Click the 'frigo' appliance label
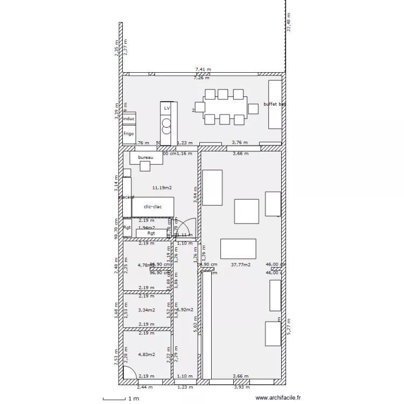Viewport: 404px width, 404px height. tap(129, 134)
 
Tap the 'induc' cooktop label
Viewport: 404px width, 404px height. tap(129, 119)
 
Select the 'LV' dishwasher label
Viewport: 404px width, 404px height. tap(167, 108)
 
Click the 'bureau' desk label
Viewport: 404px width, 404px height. tap(145, 157)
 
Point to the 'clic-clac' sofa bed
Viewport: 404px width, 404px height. tap(153, 206)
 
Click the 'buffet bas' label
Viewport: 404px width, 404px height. tap(275, 104)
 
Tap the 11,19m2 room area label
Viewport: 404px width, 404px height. tap(162, 188)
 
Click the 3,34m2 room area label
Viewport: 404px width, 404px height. tap(147, 310)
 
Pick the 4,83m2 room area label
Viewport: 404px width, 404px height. tap(147, 354)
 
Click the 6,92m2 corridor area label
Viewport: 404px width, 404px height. tap(185, 310)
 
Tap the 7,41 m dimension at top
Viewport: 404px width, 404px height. tap(203, 69)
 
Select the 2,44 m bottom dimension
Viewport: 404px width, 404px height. tap(145, 387)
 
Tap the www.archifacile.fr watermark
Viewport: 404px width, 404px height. tap(278, 398)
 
